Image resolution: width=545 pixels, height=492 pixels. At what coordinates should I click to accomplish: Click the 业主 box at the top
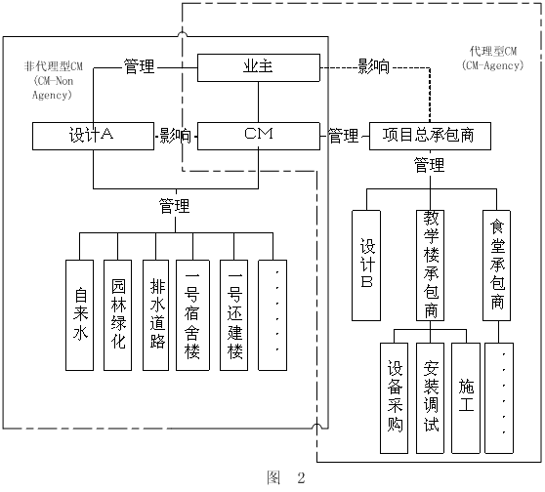coord(257,67)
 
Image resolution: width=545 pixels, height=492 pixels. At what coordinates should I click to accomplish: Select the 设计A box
coord(93,136)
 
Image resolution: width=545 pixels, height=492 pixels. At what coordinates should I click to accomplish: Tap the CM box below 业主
coord(257,136)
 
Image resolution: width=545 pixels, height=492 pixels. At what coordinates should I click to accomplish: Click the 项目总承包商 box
coord(429,136)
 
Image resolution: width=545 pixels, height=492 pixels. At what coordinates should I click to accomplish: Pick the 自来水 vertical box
coord(82,315)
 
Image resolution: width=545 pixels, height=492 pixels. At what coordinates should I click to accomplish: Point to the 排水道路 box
coord(156,315)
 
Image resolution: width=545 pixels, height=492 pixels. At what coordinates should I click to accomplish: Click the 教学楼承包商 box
coord(431,264)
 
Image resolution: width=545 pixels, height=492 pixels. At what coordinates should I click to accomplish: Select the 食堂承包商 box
coord(497,264)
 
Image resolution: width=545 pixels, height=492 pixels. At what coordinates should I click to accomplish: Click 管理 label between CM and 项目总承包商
coord(343,136)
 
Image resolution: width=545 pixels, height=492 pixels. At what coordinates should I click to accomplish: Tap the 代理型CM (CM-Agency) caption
coord(498,57)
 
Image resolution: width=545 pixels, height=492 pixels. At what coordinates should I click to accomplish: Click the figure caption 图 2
coord(286,478)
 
